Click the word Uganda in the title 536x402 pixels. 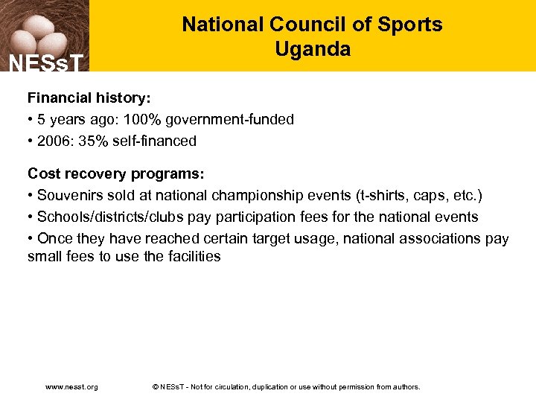point(312,50)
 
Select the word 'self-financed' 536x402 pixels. point(154,141)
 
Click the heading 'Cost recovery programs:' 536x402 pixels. point(115,173)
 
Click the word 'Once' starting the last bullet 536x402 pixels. point(54,238)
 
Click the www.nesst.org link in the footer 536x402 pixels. point(71,387)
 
